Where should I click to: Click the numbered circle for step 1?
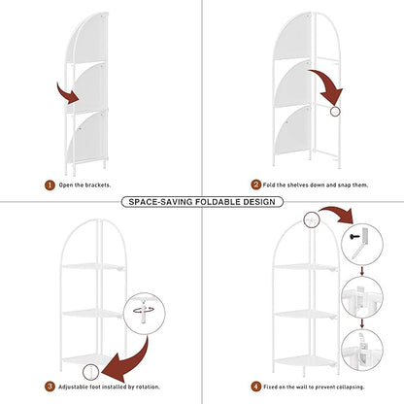pos(50,185)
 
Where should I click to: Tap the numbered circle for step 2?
pos(255,185)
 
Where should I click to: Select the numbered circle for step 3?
pos(50,387)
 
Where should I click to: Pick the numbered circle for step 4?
pos(255,387)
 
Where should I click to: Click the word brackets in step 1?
pos(98,185)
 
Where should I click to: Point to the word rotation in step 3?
pos(148,387)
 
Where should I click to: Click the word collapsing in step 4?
pos(351,387)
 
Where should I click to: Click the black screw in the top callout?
pos(354,237)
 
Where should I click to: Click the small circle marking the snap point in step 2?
pos(335,112)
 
